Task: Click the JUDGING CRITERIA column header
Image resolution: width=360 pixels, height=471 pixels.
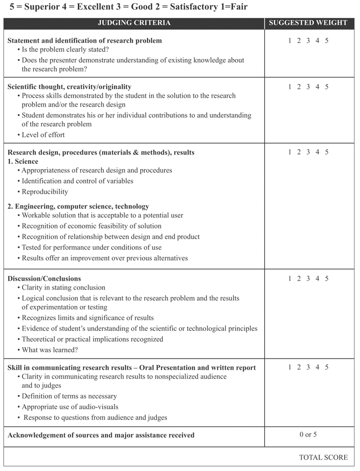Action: (x=134, y=23)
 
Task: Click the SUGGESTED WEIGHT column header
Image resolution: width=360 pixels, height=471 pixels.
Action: (x=308, y=23)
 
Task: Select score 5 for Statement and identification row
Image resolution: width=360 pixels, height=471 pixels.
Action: (x=327, y=41)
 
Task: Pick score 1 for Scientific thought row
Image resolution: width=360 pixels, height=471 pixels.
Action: (x=290, y=87)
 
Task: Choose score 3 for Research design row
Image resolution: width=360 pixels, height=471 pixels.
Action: (x=308, y=152)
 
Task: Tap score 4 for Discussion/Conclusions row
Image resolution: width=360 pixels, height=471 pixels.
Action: (x=317, y=279)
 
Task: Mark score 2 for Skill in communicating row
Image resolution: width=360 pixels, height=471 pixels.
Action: (x=299, y=367)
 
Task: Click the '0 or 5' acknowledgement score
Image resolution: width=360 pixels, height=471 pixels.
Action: (x=308, y=435)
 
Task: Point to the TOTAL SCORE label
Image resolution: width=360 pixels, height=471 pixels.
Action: (x=323, y=457)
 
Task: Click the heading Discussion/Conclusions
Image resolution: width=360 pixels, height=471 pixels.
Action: (x=44, y=279)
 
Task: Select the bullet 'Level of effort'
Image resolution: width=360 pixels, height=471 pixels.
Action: (x=43, y=135)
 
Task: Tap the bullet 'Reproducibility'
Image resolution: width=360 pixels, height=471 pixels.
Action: (x=45, y=192)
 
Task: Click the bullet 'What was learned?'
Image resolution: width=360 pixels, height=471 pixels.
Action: (x=50, y=350)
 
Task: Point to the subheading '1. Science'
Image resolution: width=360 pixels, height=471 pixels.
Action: (x=23, y=161)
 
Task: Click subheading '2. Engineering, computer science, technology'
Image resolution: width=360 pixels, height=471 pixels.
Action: (x=78, y=206)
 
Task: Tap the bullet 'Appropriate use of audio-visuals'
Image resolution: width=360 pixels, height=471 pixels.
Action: (x=70, y=407)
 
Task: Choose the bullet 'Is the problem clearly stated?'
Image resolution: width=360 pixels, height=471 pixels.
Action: (x=65, y=50)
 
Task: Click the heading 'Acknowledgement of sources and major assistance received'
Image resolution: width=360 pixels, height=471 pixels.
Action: (x=101, y=435)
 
